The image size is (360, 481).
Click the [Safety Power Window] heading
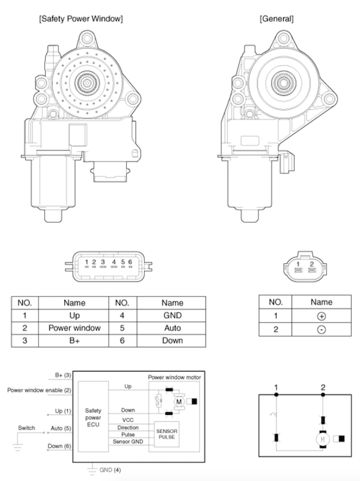(81, 19)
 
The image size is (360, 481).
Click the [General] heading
(276, 19)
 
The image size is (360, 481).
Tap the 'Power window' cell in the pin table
(74, 328)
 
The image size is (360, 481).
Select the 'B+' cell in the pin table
(74, 340)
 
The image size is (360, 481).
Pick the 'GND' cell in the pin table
(172, 315)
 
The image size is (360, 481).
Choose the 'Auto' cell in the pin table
(172, 328)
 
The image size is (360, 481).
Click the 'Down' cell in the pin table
(172, 340)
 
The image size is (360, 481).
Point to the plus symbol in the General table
(322, 316)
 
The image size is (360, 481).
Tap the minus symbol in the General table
(322, 329)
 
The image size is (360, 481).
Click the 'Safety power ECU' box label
(93, 417)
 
